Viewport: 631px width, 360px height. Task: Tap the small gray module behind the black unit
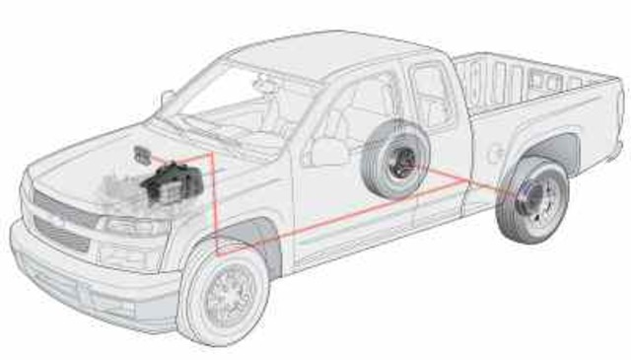coord(141,154)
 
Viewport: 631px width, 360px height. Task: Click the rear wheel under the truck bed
coord(532,201)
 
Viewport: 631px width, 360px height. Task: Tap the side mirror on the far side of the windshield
coord(167,100)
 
